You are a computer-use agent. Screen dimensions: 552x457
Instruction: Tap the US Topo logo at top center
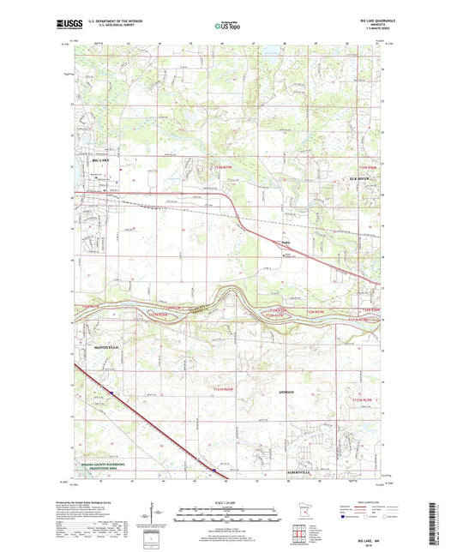(x=227, y=27)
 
